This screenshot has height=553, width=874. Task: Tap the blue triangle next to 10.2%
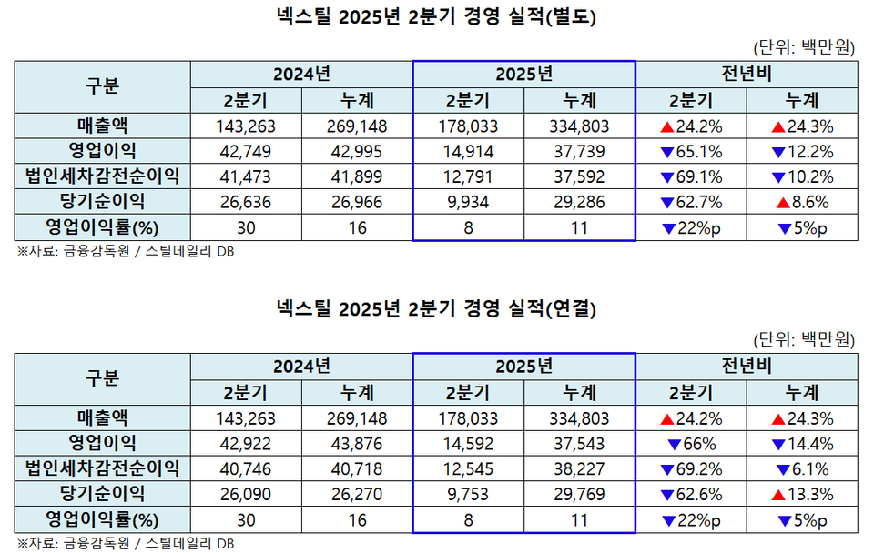776,176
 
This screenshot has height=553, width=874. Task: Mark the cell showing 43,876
357,444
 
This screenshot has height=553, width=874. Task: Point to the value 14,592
468,444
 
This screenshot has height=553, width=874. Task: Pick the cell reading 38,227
579,469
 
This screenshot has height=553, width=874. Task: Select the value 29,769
579,495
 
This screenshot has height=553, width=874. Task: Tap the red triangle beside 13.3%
776,495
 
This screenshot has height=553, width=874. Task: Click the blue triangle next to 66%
674,444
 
